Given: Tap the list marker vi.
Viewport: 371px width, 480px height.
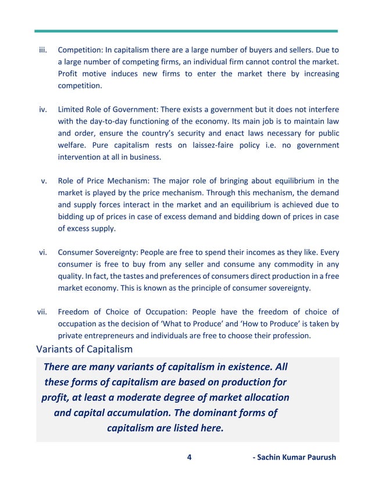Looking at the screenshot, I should (x=43, y=252).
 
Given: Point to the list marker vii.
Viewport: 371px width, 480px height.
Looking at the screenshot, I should (x=42, y=312).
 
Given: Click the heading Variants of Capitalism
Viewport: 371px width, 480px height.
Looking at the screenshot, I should (x=84, y=349).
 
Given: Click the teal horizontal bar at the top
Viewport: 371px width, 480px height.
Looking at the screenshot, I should (x=185, y=31).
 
